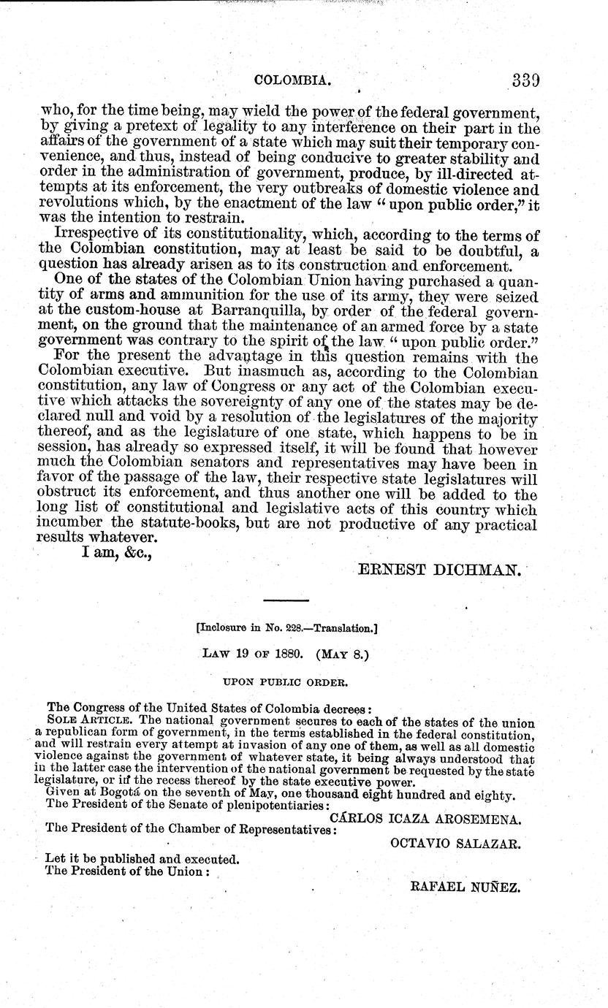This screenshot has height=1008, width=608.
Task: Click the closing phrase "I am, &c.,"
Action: click(111, 554)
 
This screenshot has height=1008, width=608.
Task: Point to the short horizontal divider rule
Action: click(286, 600)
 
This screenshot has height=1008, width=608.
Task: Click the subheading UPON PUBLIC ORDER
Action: click(285, 681)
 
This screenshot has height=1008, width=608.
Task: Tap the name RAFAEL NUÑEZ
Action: click(465, 887)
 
